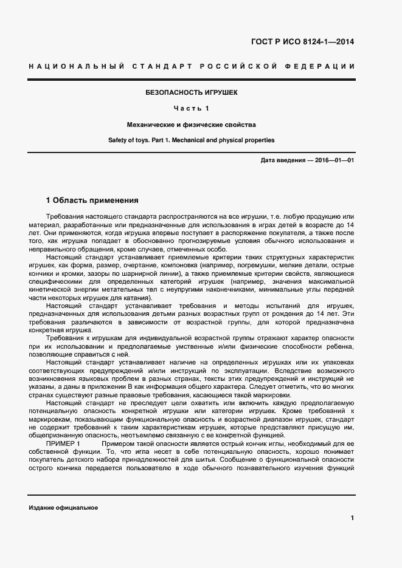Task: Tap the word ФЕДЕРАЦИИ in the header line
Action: pyautogui.click(x=324, y=66)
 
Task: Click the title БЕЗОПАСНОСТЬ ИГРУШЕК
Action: pyautogui.click(x=191, y=93)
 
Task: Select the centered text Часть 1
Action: pyautogui.click(x=191, y=109)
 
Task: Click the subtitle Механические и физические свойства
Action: pyautogui.click(x=191, y=125)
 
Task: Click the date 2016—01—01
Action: pyautogui.click(x=334, y=160)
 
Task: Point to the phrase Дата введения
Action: pyautogui.click(x=282, y=160)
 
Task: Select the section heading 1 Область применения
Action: pyautogui.click(x=92, y=200)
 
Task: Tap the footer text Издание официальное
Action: pyautogui.click(x=63, y=508)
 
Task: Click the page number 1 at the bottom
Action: pyautogui.click(x=352, y=518)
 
